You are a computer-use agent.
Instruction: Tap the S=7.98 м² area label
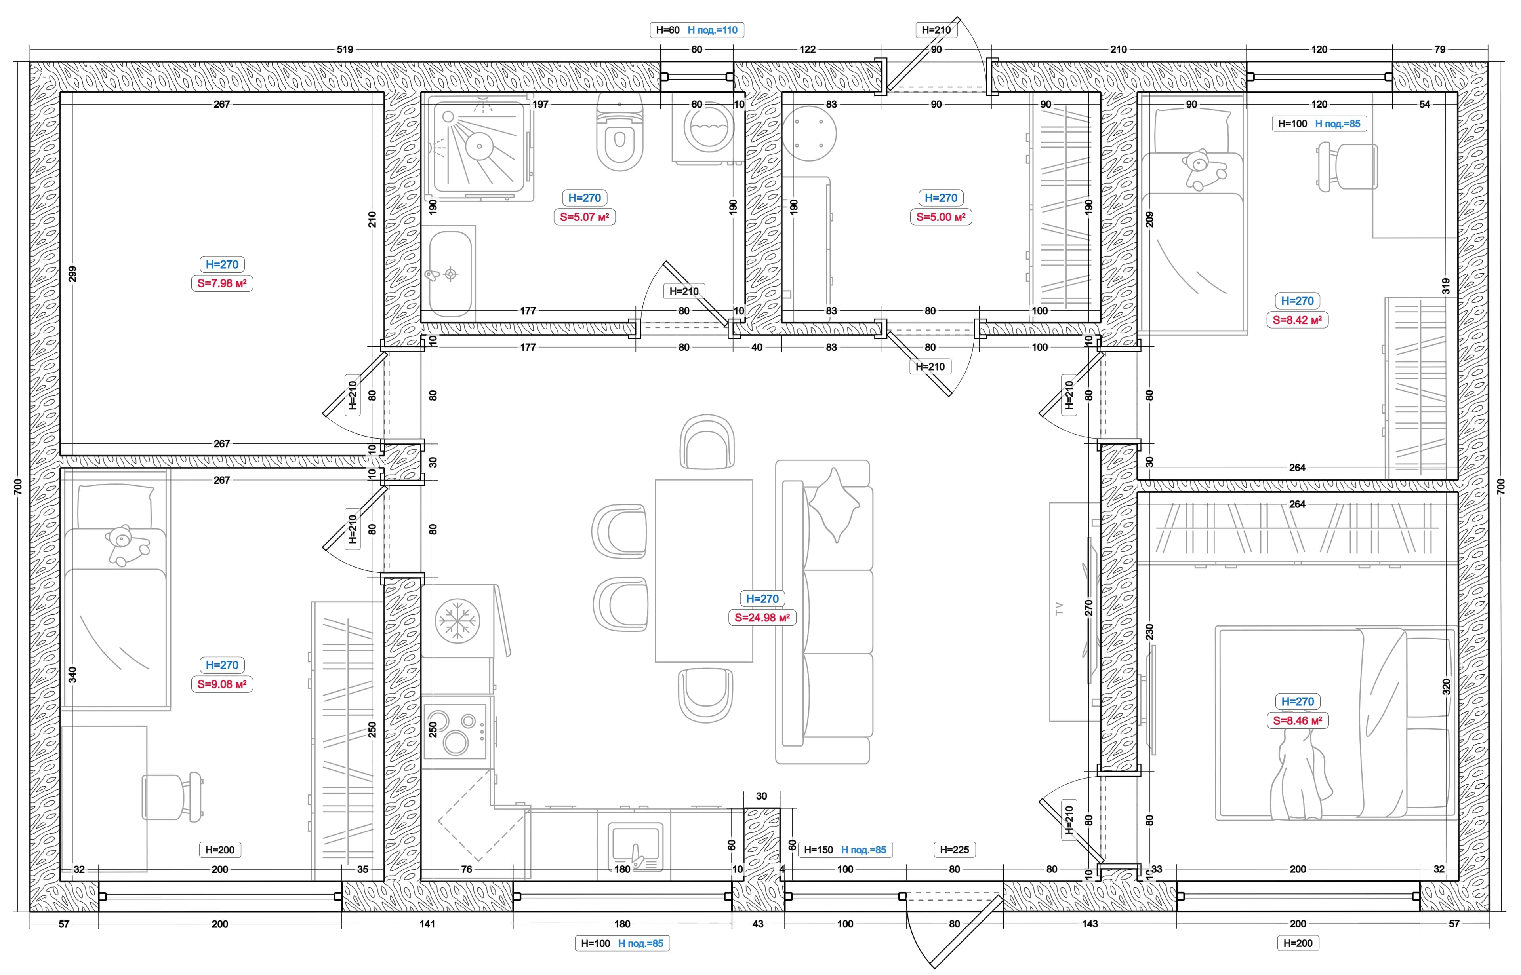tap(222, 283)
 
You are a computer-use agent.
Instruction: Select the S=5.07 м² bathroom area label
tap(584, 217)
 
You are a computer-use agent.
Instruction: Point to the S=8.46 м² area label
tap(1297, 720)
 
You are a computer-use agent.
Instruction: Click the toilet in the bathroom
tap(619, 133)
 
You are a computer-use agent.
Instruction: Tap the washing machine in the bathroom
tap(708, 132)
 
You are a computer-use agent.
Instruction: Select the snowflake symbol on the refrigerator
tap(457, 620)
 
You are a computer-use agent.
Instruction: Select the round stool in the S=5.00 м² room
tap(809, 133)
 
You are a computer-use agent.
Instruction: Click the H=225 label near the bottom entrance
tap(954, 850)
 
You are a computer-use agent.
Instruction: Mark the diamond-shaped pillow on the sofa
tap(834, 505)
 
